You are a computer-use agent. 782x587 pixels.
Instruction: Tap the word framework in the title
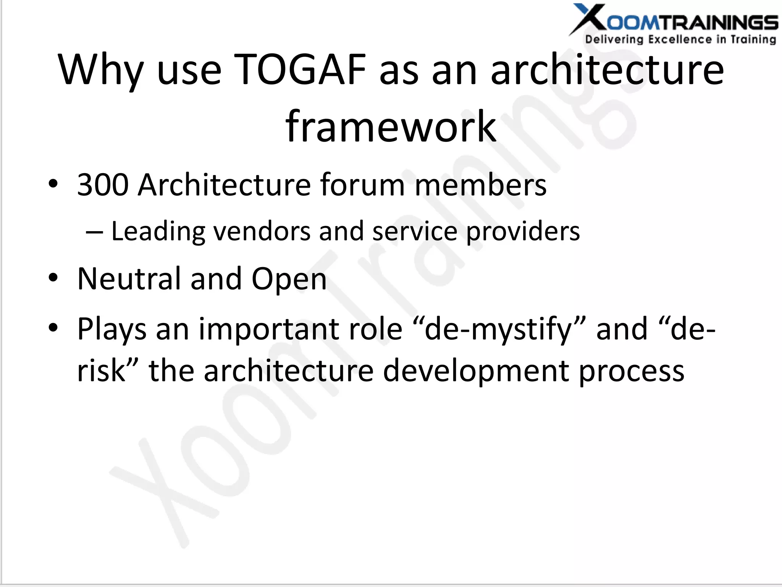click(391, 126)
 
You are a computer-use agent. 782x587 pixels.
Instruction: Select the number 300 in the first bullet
click(102, 185)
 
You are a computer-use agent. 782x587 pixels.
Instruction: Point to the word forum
click(362, 185)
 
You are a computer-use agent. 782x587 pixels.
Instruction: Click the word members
click(480, 185)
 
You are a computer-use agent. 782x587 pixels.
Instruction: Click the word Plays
click(112, 330)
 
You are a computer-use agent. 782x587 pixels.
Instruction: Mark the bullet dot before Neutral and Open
click(53, 278)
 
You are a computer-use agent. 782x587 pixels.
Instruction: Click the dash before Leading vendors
click(94, 232)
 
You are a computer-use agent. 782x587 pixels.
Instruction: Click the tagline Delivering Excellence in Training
click(680, 39)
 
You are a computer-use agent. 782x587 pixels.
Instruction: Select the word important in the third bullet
click(301, 330)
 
